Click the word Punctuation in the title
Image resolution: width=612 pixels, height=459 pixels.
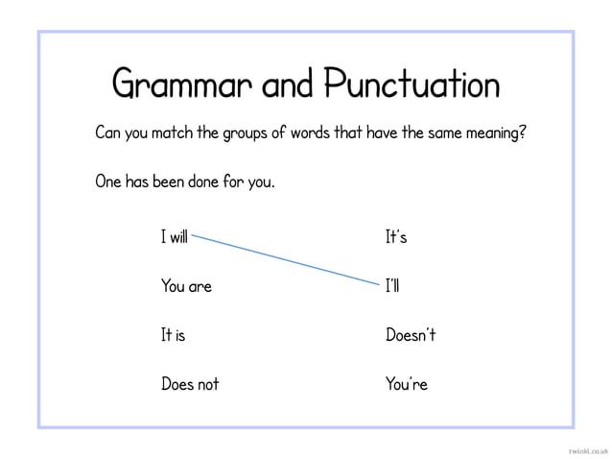point(412,85)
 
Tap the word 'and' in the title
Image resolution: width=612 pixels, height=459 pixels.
point(287,85)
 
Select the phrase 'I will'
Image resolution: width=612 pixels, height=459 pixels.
point(174,236)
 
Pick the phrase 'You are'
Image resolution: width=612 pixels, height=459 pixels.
point(186,286)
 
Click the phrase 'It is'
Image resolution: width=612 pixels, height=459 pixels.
point(173,335)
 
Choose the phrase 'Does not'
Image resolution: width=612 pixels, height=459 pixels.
point(190,384)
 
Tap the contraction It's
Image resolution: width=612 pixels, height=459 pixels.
point(396,236)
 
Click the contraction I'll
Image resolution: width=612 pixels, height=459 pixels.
point(391,286)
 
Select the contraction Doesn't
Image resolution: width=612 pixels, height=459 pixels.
point(411,335)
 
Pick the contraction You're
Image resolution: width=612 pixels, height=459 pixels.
point(407,384)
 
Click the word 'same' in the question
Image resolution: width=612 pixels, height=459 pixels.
point(441,133)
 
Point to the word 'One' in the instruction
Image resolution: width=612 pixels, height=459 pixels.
point(108,181)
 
